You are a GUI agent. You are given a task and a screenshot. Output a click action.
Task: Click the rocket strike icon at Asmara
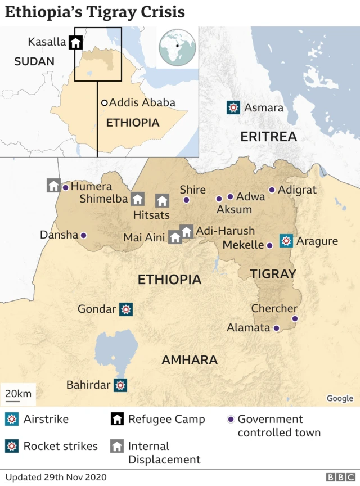point(233,107)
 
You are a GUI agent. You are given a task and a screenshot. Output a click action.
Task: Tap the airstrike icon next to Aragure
point(286,241)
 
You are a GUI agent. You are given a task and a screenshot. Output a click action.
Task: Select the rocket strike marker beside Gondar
point(126,309)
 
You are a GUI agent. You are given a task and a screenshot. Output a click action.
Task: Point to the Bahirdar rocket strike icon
point(120,385)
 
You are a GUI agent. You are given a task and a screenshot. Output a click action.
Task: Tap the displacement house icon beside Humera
point(53,186)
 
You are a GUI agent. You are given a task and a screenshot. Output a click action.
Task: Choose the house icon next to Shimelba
point(137,199)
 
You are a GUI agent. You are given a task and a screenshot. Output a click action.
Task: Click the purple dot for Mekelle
point(269,245)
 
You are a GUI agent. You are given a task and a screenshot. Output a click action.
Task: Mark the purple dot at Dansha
point(84,235)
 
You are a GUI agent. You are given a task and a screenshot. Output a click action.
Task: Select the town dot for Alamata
point(276,328)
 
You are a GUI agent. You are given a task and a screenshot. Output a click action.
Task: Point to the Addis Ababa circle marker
point(105,103)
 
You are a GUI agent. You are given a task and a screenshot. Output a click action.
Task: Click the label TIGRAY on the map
point(273,274)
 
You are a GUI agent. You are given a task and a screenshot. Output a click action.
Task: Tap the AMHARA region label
point(190,360)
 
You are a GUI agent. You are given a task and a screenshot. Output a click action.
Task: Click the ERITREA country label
point(268,137)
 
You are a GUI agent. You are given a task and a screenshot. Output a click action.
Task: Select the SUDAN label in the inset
point(34,61)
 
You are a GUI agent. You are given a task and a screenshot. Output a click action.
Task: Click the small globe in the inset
point(177,47)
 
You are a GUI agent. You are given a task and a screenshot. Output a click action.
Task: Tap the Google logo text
point(340,398)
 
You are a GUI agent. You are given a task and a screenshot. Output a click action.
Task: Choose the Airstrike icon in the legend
point(12,420)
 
